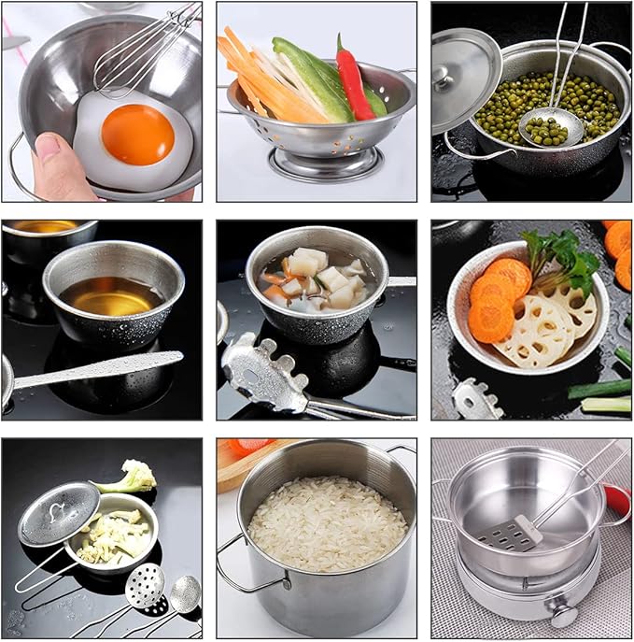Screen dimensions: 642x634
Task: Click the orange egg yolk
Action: tap(137, 134)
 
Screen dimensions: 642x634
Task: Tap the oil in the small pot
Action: tap(110, 296)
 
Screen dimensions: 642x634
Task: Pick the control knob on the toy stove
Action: tap(562, 616)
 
